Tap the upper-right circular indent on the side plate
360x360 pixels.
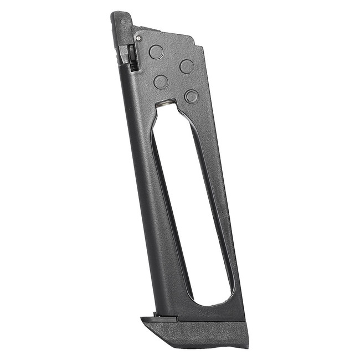pyautogui.click(x=187, y=66)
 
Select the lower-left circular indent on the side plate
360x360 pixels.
pyautogui.click(x=161, y=82)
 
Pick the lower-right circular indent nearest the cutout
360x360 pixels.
pyautogui.click(x=191, y=96)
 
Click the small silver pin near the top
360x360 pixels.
pyautogui.click(x=138, y=38)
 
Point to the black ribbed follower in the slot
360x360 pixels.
pyautogui.click(x=132, y=58)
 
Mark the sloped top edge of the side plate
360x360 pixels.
pyautogui.click(x=166, y=32)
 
